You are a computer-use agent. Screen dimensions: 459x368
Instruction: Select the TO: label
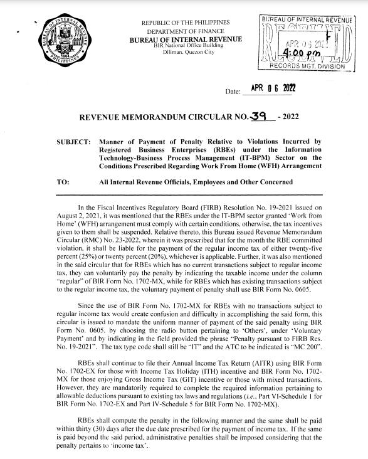click(x=63, y=182)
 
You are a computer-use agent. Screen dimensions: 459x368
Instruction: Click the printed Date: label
click(x=233, y=92)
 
